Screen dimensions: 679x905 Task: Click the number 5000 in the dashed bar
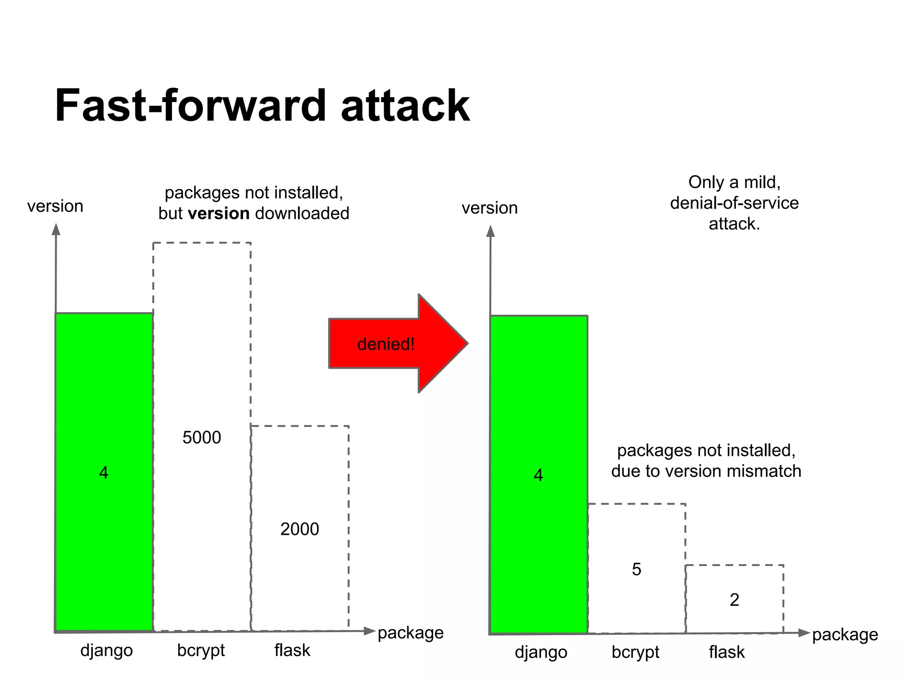point(202,438)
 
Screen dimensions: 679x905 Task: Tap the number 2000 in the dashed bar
point(300,529)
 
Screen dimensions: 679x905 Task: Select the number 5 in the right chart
point(636,569)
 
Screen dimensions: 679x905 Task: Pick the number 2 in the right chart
point(734,600)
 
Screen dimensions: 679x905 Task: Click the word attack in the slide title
point(405,106)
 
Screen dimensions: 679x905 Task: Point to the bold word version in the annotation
point(219,214)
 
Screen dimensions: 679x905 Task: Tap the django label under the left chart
point(106,651)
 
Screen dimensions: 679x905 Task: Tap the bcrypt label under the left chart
point(201,651)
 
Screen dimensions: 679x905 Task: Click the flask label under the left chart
point(292,650)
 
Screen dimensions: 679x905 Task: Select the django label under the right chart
point(541,652)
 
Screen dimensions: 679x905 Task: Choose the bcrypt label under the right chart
point(635,652)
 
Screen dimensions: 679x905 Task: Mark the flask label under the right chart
point(727,652)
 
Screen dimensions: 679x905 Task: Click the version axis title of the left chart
point(55,206)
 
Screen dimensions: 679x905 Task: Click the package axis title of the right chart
point(845,635)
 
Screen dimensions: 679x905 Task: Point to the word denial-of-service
point(734,203)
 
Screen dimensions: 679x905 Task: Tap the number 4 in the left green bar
point(103,473)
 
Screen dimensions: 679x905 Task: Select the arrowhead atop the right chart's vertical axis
point(491,231)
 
